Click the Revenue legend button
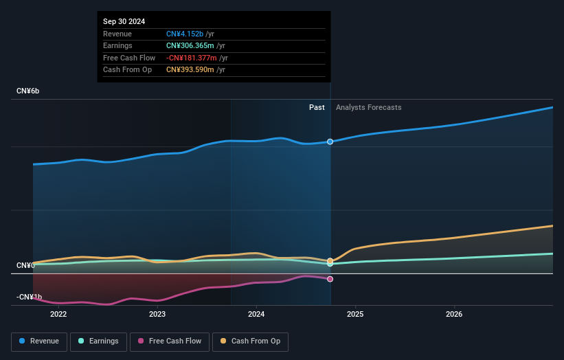click(40, 341)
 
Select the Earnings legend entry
click(98, 341)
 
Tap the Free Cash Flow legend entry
click(170, 341)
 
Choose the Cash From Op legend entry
click(251, 341)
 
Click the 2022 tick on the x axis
click(58, 315)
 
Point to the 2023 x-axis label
click(157, 315)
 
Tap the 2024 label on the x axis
click(256, 315)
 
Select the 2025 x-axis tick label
click(355, 315)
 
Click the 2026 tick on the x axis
click(454, 315)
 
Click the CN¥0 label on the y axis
click(25, 265)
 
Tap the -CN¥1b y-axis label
click(30, 297)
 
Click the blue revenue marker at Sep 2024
click(330, 142)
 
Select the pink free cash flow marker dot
click(330, 279)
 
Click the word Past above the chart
click(317, 107)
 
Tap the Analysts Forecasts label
click(368, 107)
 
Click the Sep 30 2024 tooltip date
click(124, 22)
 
